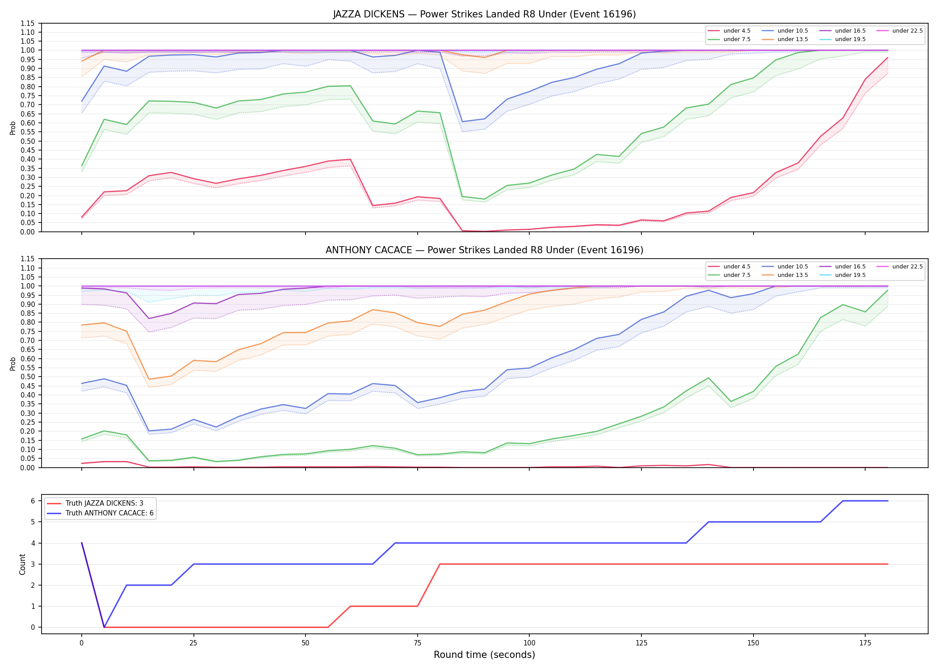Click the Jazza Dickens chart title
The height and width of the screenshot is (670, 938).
pos(484,14)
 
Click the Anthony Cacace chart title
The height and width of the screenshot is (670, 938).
pos(484,250)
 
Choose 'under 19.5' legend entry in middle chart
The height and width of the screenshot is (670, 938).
pos(843,275)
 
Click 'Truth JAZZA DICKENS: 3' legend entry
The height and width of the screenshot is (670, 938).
pos(95,503)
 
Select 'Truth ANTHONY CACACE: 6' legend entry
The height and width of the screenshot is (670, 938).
pos(100,513)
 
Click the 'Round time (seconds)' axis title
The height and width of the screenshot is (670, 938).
pos(484,655)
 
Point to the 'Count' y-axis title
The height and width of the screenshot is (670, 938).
pos(22,564)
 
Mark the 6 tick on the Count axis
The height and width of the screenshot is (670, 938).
pos(33,501)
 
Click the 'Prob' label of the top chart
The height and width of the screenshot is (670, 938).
pos(13,128)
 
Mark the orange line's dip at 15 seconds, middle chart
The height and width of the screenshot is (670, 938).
pos(149,379)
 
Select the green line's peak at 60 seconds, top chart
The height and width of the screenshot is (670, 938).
pos(350,86)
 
